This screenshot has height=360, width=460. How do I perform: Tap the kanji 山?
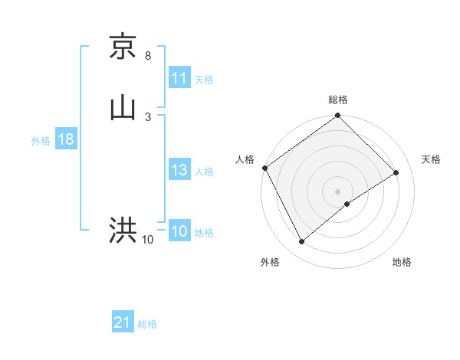coord(123,106)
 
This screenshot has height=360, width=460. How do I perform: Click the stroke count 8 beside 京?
coord(148,56)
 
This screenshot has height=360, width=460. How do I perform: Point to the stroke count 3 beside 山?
coord(148,116)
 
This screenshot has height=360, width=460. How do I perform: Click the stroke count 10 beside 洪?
coord(148,241)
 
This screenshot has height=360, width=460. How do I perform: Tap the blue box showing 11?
coord(179,78)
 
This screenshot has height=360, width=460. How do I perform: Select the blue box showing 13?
coord(179,171)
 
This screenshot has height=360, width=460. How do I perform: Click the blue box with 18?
coord(65,140)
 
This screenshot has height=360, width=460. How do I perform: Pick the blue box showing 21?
coord(123,323)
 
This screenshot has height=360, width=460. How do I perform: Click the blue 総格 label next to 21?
coord(147,324)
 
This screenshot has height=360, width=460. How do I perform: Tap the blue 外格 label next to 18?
coord(41,141)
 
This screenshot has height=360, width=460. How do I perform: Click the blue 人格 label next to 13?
coord(204,172)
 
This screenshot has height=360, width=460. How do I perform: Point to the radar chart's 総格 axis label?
coord(338,100)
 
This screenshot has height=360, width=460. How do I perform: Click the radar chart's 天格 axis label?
coord(432,159)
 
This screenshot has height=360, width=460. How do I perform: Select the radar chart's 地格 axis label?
coord(402,262)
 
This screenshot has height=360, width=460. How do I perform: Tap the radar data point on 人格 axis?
coord(264,168)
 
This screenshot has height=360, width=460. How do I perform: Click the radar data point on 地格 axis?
coord(347,204)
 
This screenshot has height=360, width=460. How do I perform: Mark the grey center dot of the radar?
coord(338,191)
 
